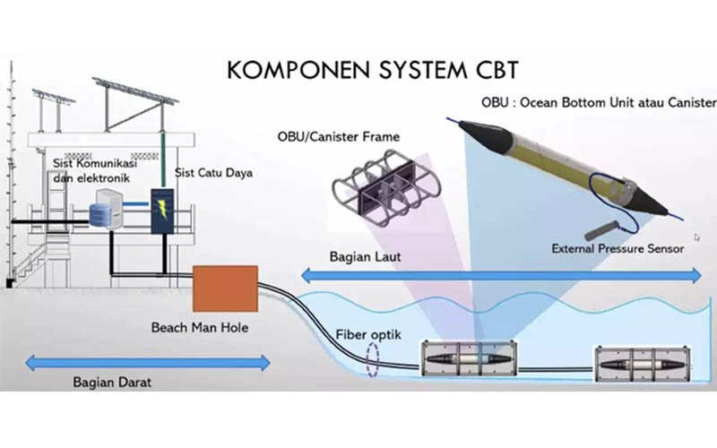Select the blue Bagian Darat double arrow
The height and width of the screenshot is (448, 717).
pos(148,362)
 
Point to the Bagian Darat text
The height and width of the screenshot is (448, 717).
pos(112,382)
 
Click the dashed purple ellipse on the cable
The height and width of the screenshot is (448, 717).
pos(373,358)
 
